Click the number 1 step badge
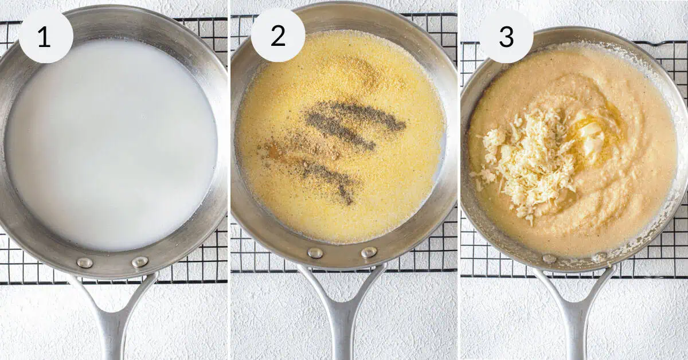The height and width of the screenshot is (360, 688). click(x=46, y=36)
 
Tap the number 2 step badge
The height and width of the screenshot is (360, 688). click(x=278, y=36)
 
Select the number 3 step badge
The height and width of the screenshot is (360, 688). click(x=506, y=36)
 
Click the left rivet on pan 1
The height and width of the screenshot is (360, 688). click(x=85, y=263)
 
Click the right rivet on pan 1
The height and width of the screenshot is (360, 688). click(x=140, y=262)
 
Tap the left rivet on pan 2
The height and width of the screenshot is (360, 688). click(x=315, y=253)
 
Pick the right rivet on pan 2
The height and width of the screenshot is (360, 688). click(x=369, y=252)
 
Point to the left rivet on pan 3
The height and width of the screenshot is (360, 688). click(x=549, y=259)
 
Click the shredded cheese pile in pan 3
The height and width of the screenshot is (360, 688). click(x=528, y=160)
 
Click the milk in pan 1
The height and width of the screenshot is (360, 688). click(x=111, y=144)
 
